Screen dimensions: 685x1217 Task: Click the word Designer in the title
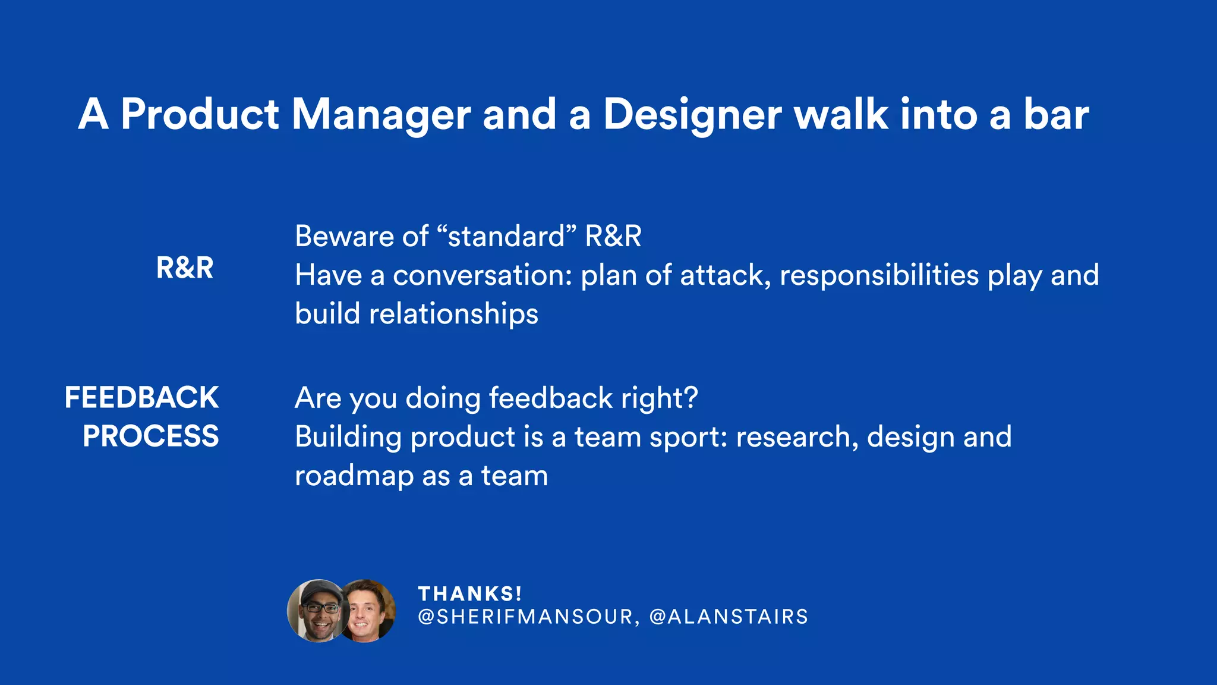coord(692,114)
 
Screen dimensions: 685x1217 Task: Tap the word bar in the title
coord(1056,114)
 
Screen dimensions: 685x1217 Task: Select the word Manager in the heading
coord(381,114)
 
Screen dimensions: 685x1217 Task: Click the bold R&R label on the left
coord(185,268)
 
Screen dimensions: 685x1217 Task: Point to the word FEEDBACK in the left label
coord(141,397)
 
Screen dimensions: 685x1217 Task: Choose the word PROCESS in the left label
coord(151,436)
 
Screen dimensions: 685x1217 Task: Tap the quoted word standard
coord(506,236)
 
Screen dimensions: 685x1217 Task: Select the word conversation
coord(482,275)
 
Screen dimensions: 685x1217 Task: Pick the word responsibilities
coord(879,275)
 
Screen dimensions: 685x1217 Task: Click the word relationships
coord(453,314)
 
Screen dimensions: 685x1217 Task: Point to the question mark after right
coord(691,397)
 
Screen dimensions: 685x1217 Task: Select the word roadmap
coord(354,476)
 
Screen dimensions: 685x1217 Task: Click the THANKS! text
coord(470,594)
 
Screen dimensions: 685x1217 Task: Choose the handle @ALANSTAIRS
coord(729,617)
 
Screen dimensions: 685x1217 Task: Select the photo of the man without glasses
coord(368,611)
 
